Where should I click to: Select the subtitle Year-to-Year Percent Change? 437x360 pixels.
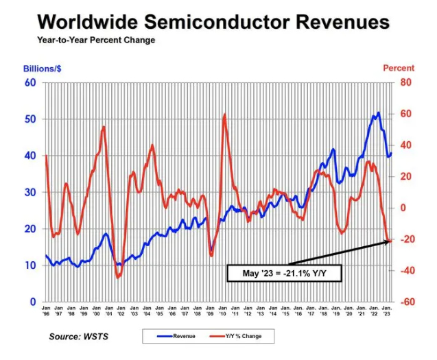point(96,40)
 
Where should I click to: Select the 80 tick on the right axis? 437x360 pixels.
point(407,82)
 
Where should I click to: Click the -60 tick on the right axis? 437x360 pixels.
point(408,302)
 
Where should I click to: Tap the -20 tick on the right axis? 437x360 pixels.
point(408,239)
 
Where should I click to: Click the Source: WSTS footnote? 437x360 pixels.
point(80,337)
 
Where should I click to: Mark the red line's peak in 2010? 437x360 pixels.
point(224,115)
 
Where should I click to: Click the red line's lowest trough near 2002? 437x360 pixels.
point(118,277)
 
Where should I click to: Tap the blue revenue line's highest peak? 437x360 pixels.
point(378,113)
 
